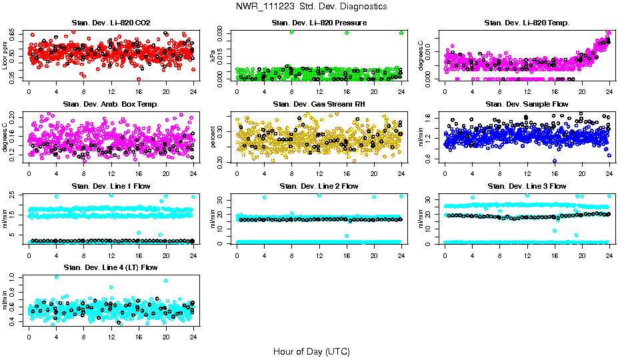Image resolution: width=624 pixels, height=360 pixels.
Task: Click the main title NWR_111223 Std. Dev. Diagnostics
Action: pyautogui.click(x=311, y=7)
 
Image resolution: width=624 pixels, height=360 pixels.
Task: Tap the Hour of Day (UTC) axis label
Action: pyautogui.click(x=311, y=351)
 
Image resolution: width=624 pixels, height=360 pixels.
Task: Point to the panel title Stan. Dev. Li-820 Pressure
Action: pyautogui.click(x=319, y=23)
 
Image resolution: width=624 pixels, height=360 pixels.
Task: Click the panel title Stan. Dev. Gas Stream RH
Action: pyautogui.click(x=319, y=105)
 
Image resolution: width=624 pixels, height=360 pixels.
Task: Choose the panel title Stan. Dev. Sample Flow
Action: pyautogui.click(x=527, y=105)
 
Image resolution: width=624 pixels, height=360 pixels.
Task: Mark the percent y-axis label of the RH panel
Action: pyautogui.click(x=213, y=137)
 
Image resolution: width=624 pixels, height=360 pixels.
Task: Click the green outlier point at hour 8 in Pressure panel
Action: pyautogui.click(x=292, y=32)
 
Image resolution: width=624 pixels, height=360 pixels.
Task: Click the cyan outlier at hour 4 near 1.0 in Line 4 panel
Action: pyautogui.click(x=56, y=277)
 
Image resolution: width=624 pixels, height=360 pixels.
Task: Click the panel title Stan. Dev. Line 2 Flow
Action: pyautogui.click(x=319, y=186)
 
